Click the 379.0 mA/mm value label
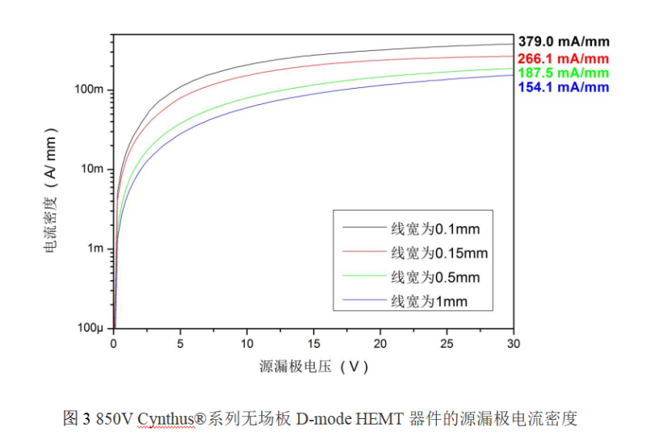click(x=563, y=41)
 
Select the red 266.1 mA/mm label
click(x=563, y=58)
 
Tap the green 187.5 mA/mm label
click(x=563, y=73)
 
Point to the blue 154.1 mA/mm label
click(x=563, y=87)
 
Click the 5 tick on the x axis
click(x=180, y=343)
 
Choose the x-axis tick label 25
click(x=447, y=343)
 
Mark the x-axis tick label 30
click(x=514, y=343)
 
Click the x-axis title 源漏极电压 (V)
click(x=313, y=367)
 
